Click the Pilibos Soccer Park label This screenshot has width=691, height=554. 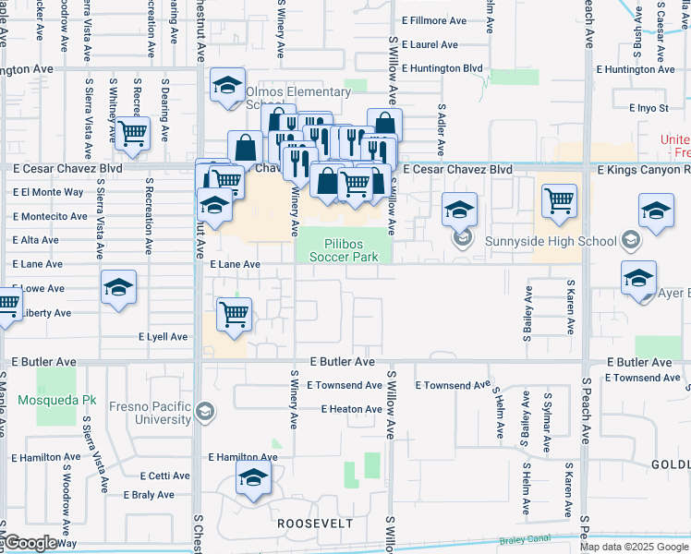click(344, 250)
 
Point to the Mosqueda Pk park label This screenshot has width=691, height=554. click(56, 400)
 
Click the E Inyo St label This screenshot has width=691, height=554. click(648, 108)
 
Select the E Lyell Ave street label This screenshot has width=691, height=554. click(164, 337)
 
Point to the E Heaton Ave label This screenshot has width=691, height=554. click(351, 409)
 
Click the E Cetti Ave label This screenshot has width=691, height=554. click(164, 476)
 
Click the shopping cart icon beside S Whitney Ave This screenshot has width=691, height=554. click(133, 134)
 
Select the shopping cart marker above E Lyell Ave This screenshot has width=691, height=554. click(234, 314)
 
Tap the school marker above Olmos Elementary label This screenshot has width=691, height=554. click(226, 85)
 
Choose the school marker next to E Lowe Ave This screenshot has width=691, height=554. click(119, 287)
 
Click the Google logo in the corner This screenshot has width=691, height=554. click(30, 543)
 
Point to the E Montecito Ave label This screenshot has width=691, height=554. click(50, 216)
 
